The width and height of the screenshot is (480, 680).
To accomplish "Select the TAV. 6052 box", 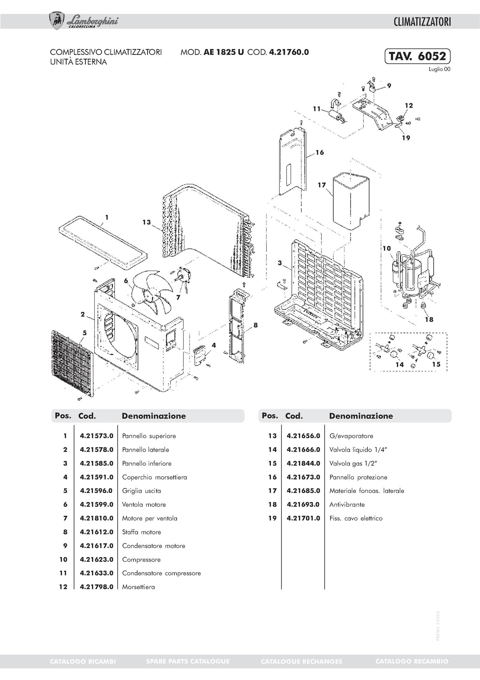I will tap(417, 56).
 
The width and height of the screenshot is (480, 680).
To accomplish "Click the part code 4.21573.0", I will tap(96, 436).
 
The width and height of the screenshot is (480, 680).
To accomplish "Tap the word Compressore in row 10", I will tap(141, 560).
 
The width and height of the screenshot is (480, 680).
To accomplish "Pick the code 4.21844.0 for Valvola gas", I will tap(303, 464).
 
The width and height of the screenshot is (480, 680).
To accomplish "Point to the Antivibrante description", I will tap(347, 505).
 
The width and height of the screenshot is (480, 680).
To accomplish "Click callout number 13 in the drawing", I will tap(146, 223).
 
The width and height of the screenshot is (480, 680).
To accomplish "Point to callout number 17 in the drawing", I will tap(322, 185).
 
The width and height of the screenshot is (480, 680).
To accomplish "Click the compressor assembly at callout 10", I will tap(414, 273).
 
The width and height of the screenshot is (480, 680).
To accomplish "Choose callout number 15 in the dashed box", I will tap(436, 364).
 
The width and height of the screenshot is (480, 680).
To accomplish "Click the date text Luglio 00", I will tap(439, 69).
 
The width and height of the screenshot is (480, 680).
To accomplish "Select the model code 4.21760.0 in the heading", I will tap(289, 52).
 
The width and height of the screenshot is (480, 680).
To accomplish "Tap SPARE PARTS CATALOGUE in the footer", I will tap(188, 662).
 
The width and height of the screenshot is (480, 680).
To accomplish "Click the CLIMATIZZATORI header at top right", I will tap(422, 22).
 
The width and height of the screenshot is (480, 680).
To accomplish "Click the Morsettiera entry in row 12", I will tap(139, 587).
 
